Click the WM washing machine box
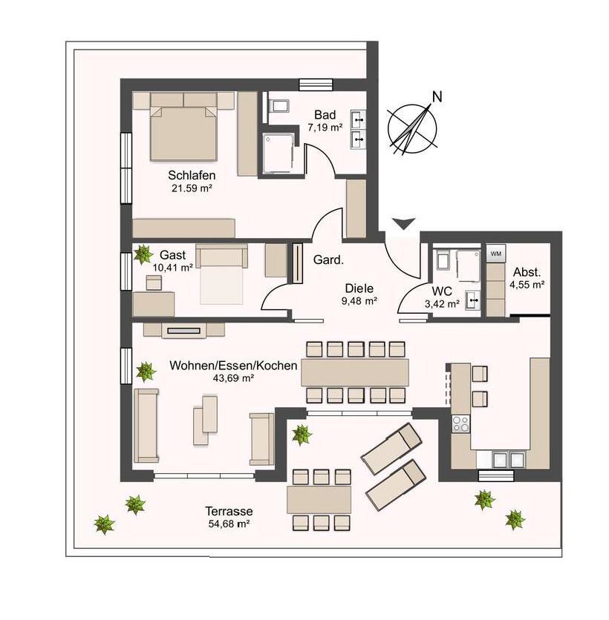(495, 254)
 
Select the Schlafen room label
(192, 176)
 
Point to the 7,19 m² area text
(325, 128)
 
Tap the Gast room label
(174, 254)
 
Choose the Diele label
(359, 288)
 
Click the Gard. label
(327, 260)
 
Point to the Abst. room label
(527, 271)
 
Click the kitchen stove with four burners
(460, 423)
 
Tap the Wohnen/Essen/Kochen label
(233, 366)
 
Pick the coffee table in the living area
(205, 419)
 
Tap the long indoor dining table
(354, 372)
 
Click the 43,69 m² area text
(233, 378)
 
